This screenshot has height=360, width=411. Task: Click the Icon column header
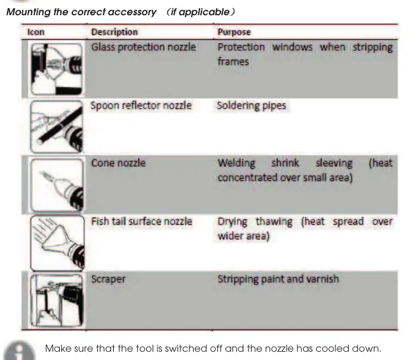pyautogui.click(x=36, y=32)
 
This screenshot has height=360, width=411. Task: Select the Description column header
pyautogui.click(x=114, y=32)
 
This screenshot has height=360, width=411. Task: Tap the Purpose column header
pyautogui.click(x=234, y=32)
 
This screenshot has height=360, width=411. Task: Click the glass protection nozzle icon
pyautogui.click(x=57, y=69)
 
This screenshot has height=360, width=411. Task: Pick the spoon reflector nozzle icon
pyautogui.click(x=57, y=127)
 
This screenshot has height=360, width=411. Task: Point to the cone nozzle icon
pyautogui.click(x=57, y=185)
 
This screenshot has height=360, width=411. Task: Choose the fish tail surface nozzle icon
pyautogui.click(x=57, y=243)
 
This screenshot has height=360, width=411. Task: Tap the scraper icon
pyautogui.click(x=57, y=300)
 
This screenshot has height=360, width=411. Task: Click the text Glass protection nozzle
pyautogui.click(x=144, y=48)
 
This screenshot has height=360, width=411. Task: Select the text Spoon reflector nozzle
pyautogui.click(x=141, y=105)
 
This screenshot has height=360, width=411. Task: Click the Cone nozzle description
pyautogui.click(x=118, y=163)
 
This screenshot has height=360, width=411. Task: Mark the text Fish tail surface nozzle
pyautogui.click(x=142, y=222)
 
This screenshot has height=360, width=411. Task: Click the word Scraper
pyautogui.click(x=108, y=279)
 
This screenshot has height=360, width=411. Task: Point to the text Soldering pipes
pyautogui.click(x=252, y=105)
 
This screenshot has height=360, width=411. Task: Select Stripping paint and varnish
pyautogui.click(x=278, y=279)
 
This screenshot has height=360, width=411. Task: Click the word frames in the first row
pyautogui.click(x=233, y=62)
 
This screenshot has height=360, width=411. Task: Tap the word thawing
pyautogui.click(x=274, y=222)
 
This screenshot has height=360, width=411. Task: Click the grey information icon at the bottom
pyautogui.click(x=20, y=350)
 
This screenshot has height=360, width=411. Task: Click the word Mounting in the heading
pyautogui.click(x=29, y=12)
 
